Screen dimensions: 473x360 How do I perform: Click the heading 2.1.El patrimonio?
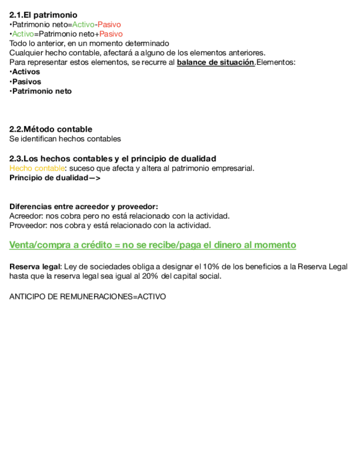pyautogui.click(x=43, y=15)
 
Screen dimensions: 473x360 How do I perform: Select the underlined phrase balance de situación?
pyautogui.click(x=216, y=62)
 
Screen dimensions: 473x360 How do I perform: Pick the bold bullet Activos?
pyautogui.click(x=26, y=72)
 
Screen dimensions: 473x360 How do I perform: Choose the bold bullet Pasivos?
pyautogui.click(x=26, y=81)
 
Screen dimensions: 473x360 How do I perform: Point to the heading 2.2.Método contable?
pyautogui.click(x=51, y=129)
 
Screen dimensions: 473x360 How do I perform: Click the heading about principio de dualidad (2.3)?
pyautogui.click(x=113, y=158)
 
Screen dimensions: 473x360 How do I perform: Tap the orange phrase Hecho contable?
pyautogui.click(x=37, y=168)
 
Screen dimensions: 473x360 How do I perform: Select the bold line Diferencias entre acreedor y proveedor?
pyautogui.click(x=84, y=206)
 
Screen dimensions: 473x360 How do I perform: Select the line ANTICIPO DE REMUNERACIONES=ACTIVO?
pyautogui.click(x=87, y=297)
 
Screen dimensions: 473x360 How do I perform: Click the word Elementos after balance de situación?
pyautogui.click(x=276, y=62)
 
